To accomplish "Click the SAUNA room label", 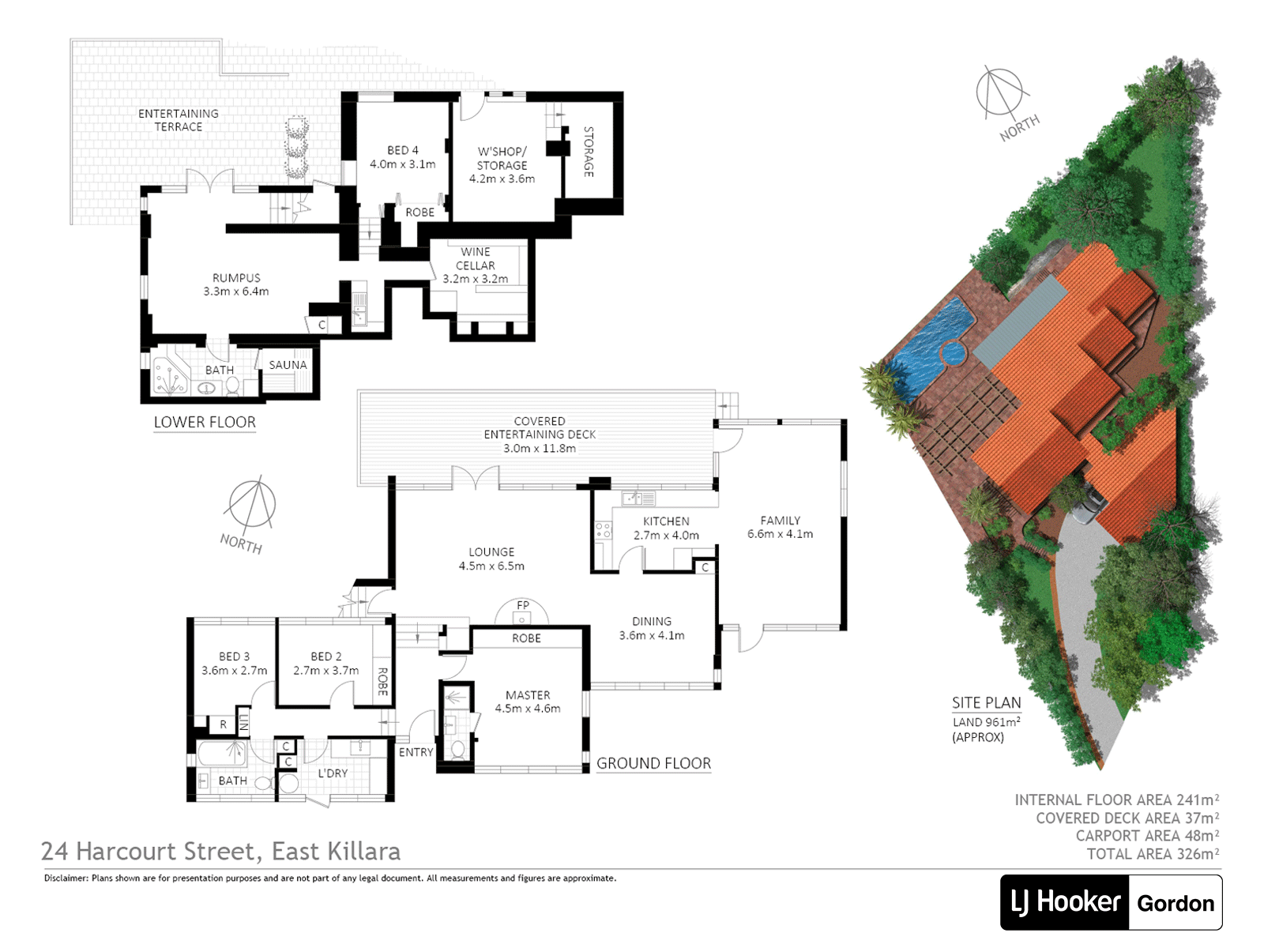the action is (288, 365).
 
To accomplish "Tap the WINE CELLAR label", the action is (475, 258).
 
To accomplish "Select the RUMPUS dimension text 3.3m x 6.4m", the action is (236, 292).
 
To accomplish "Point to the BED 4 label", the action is (403, 150).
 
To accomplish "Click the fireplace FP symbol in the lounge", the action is (521, 611).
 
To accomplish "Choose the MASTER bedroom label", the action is (528, 694).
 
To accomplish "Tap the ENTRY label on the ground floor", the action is (416, 752).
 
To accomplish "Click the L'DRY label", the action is (333, 773).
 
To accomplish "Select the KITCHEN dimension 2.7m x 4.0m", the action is (666, 536).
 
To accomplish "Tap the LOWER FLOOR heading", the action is (205, 422).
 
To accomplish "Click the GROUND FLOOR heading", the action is (653, 763).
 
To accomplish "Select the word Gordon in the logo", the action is (1176, 903).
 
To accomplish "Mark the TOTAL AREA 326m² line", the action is (1153, 854).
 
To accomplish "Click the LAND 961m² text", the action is (987, 722).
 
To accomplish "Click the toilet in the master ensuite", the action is (457, 750).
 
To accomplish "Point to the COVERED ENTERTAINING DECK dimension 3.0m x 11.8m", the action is (540, 449).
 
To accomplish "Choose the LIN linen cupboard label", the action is (243, 722).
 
